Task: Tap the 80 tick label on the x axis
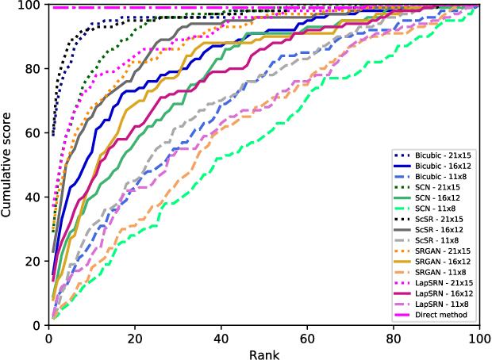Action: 393,336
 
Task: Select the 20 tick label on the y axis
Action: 33,261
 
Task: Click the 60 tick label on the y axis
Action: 33,132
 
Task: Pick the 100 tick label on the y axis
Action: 29,5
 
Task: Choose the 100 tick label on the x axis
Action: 479,336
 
